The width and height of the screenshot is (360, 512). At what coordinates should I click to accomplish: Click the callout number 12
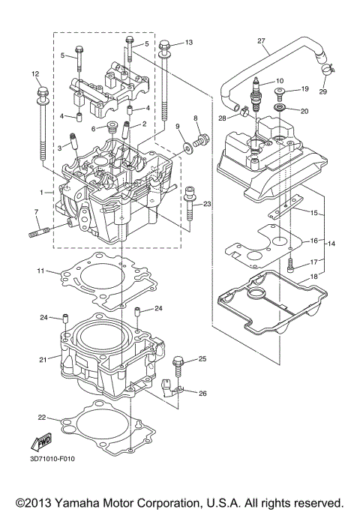point(34,73)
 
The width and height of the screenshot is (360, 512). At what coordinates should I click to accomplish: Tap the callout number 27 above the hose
point(261,40)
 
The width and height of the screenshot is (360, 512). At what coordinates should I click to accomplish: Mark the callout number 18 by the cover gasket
point(314,276)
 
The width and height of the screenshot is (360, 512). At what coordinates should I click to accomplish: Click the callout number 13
point(188,42)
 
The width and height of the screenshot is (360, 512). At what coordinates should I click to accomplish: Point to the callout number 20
point(304,111)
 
